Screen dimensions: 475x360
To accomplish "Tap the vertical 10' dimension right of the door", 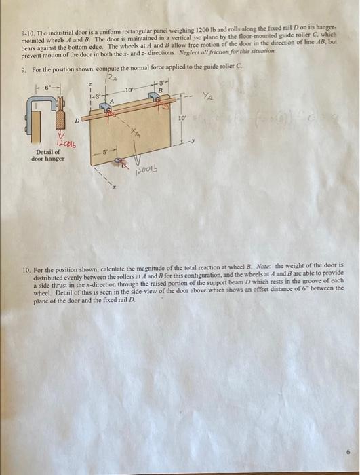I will pos(181,119).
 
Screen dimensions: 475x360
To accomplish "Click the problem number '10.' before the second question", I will pos(26,267).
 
